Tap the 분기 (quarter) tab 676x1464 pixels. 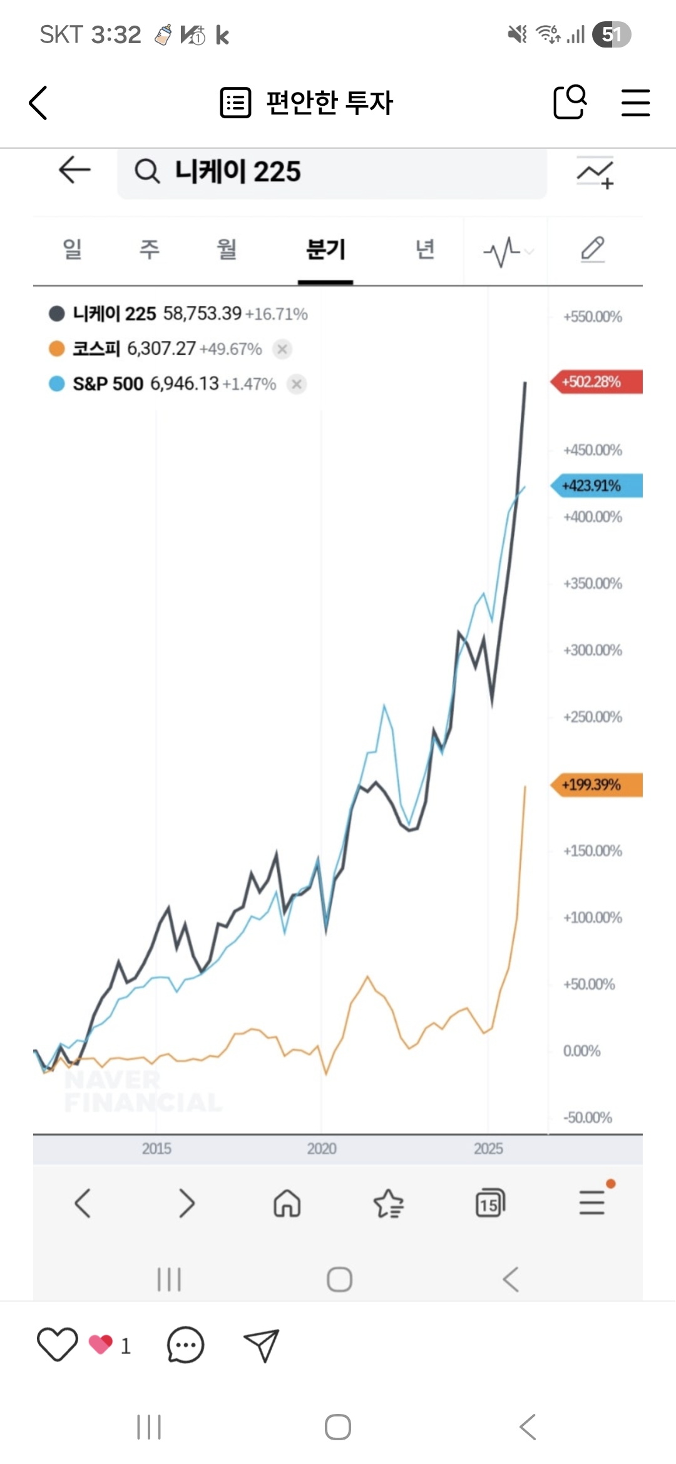(x=325, y=250)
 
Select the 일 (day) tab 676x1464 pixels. (x=72, y=250)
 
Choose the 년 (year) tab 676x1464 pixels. (x=425, y=250)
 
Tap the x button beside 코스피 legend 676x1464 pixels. (x=282, y=349)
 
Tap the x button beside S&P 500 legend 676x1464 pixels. (x=297, y=384)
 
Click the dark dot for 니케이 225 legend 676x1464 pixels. (x=57, y=313)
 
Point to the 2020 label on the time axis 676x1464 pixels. (x=322, y=1149)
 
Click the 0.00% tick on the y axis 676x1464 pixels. (x=581, y=1051)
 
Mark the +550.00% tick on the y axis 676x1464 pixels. (x=592, y=317)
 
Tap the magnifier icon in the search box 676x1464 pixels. (x=148, y=171)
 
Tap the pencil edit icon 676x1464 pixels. (x=592, y=249)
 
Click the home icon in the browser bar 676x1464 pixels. (x=287, y=1202)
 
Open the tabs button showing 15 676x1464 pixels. (x=490, y=1202)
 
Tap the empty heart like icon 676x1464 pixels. (x=57, y=1344)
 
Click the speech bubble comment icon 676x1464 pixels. (x=185, y=1345)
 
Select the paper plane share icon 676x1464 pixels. (x=261, y=1345)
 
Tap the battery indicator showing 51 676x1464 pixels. (x=612, y=34)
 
